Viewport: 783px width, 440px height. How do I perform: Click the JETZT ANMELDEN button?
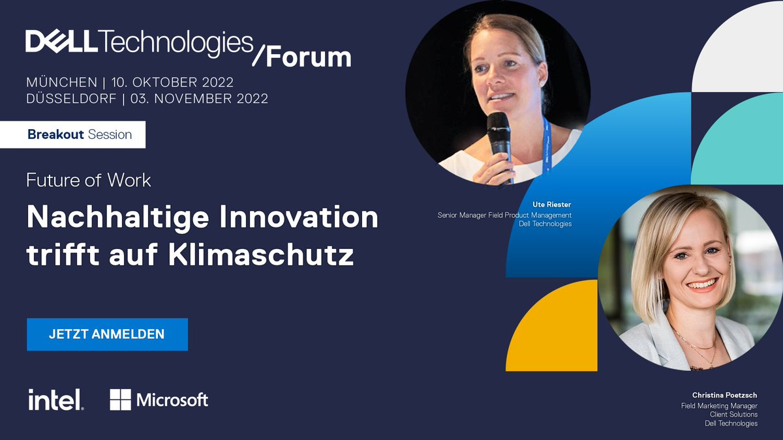click(x=107, y=334)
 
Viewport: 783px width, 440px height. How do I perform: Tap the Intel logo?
click(x=55, y=400)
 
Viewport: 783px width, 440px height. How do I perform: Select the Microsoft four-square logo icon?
click(x=120, y=400)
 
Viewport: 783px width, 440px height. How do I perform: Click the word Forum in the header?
click(x=308, y=57)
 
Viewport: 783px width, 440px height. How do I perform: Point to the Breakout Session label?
click(x=80, y=135)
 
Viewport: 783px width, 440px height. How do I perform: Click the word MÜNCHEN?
click(x=60, y=83)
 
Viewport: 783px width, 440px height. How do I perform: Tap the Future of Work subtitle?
click(x=89, y=180)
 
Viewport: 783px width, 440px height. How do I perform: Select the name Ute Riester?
click(x=552, y=204)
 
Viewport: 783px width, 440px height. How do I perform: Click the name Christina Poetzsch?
click(x=725, y=395)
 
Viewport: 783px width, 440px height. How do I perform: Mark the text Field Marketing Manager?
click(x=719, y=405)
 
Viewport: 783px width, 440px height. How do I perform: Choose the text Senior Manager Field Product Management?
click(x=504, y=214)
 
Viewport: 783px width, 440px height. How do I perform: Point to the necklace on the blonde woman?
click(x=697, y=349)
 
